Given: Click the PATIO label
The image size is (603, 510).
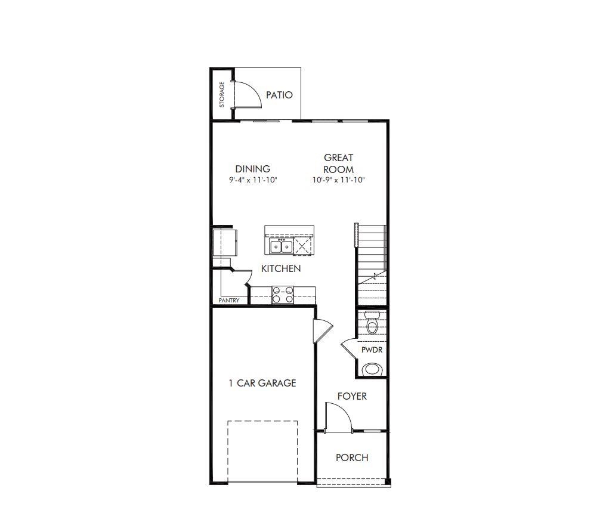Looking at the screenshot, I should (x=279, y=95).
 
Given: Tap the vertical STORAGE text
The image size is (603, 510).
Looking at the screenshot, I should (x=222, y=94).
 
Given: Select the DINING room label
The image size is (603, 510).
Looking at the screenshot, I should (x=252, y=169).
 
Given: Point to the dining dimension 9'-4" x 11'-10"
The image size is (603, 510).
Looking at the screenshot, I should (x=252, y=180).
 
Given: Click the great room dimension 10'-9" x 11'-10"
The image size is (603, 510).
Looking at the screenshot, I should (x=338, y=180).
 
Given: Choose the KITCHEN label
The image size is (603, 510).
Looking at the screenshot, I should (x=281, y=268).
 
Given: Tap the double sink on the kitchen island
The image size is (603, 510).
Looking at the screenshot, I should (x=280, y=246).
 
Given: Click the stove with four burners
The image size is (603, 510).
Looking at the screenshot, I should (x=283, y=295).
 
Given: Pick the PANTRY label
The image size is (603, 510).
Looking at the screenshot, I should (x=228, y=301).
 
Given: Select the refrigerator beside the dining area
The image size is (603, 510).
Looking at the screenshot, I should (x=225, y=243).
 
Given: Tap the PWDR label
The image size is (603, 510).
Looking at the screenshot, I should (x=372, y=350).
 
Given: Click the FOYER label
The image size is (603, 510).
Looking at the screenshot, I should (x=352, y=396).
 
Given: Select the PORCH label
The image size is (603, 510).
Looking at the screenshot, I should (x=352, y=458).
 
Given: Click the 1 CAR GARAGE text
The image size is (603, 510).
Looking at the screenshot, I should (x=262, y=383).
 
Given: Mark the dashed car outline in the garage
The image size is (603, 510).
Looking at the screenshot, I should (x=262, y=451).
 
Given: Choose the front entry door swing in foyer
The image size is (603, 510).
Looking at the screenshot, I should (x=338, y=416).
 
